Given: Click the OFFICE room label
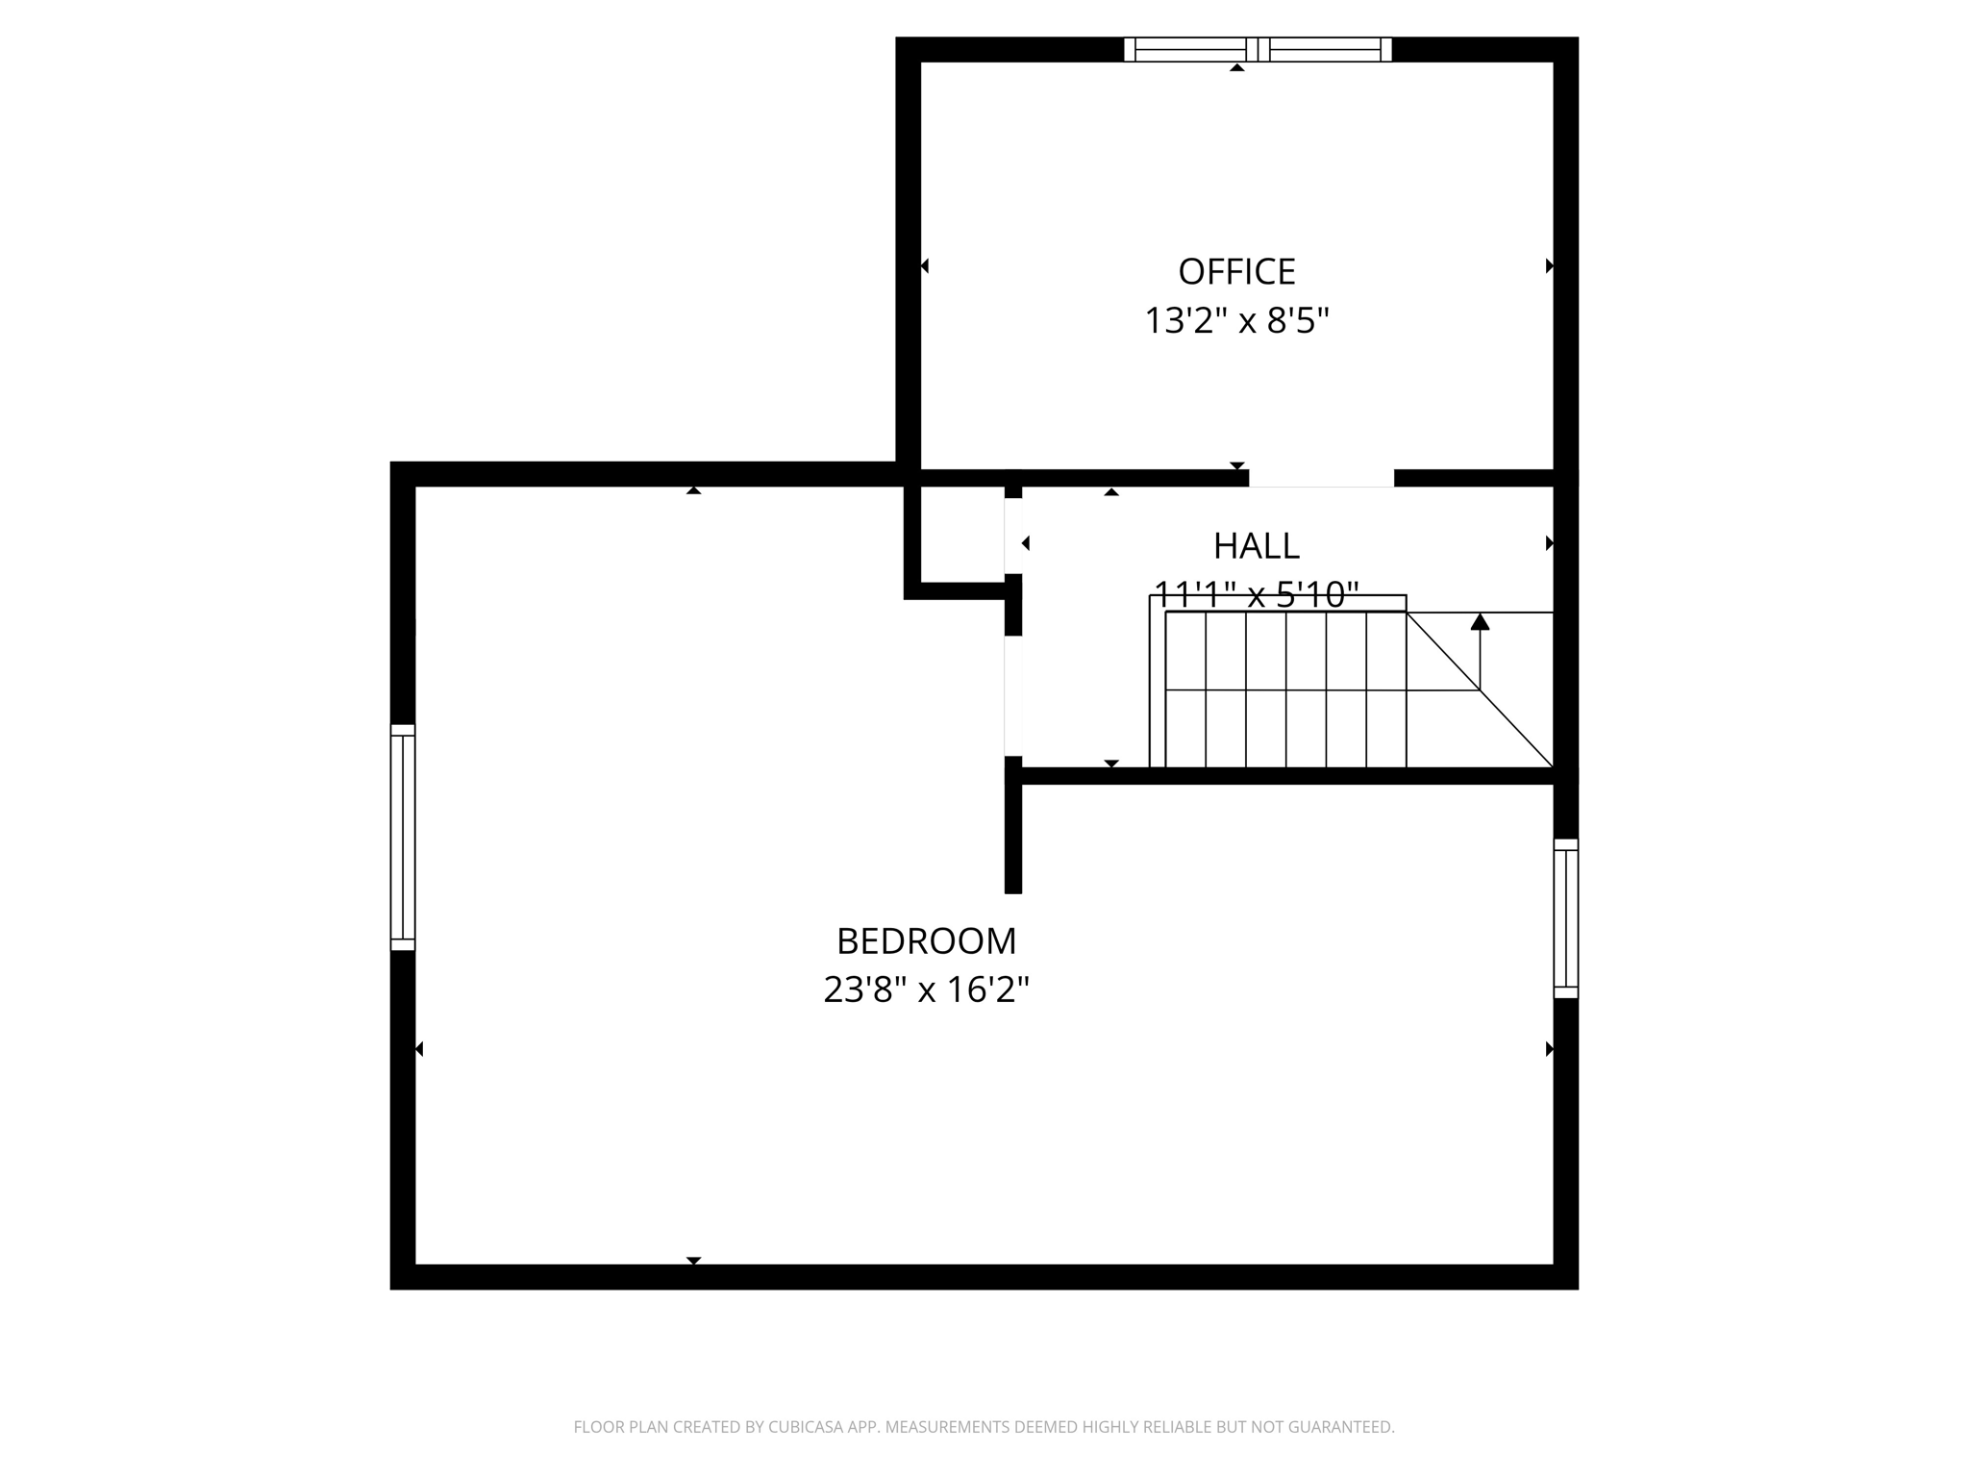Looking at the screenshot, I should tap(1236, 272).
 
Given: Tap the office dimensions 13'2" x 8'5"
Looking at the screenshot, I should tap(1236, 320).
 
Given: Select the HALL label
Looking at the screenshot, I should tap(1256, 546).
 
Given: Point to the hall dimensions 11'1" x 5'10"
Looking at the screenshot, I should tap(1256, 594).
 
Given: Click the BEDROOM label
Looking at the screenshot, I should tap(926, 941).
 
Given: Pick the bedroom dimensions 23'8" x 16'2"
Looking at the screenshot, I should tap(926, 989).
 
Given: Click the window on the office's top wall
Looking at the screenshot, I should tap(1258, 49).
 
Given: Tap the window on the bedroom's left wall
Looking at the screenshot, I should tap(403, 838).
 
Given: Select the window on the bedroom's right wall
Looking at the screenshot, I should tap(1566, 918).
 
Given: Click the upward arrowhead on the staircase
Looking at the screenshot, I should tap(1480, 622).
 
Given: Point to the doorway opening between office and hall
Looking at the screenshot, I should tap(1321, 478).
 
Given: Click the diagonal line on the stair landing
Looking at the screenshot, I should tap(1481, 690).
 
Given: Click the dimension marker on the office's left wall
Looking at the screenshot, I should tap(925, 265).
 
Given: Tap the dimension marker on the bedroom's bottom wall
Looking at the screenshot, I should tap(693, 1260).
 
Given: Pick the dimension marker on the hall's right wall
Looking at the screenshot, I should tap(1549, 543).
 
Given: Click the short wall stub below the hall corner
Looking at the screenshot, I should tap(1012, 837).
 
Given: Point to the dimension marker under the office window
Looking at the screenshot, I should tap(1237, 67).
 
